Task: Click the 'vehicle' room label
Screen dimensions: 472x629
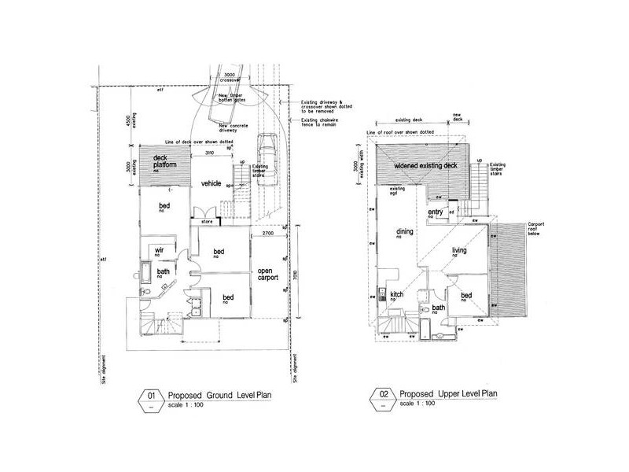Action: pyautogui.click(x=210, y=183)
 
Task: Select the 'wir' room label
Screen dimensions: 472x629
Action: pyautogui.click(x=158, y=251)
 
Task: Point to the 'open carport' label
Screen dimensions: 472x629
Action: pyautogui.click(x=270, y=277)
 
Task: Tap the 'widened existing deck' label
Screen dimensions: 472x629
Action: pyautogui.click(x=425, y=167)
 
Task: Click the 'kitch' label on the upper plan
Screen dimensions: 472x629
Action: pyautogui.click(x=397, y=295)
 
